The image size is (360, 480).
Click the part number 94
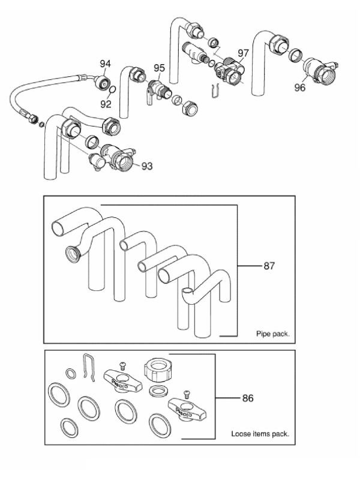coord(105,64)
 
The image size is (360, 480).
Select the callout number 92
coord(106,104)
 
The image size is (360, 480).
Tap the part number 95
coord(159,68)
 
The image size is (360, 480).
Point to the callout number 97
coord(244,53)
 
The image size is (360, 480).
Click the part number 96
coord(299,88)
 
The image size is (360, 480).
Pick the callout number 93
coord(147,166)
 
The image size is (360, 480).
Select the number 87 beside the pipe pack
coord(269,266)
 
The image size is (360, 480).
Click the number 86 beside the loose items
coord(248,398)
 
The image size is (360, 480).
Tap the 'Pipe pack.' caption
coord(273,334)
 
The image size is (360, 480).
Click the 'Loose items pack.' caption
coord(260,434)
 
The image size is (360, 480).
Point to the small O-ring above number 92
coord(112,89)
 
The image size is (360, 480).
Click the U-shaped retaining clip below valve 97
coord(216,91)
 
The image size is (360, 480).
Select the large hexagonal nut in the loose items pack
coord(157,369)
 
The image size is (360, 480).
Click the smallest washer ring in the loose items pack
coord(71,373)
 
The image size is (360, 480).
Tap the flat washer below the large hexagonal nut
coord(158,391)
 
